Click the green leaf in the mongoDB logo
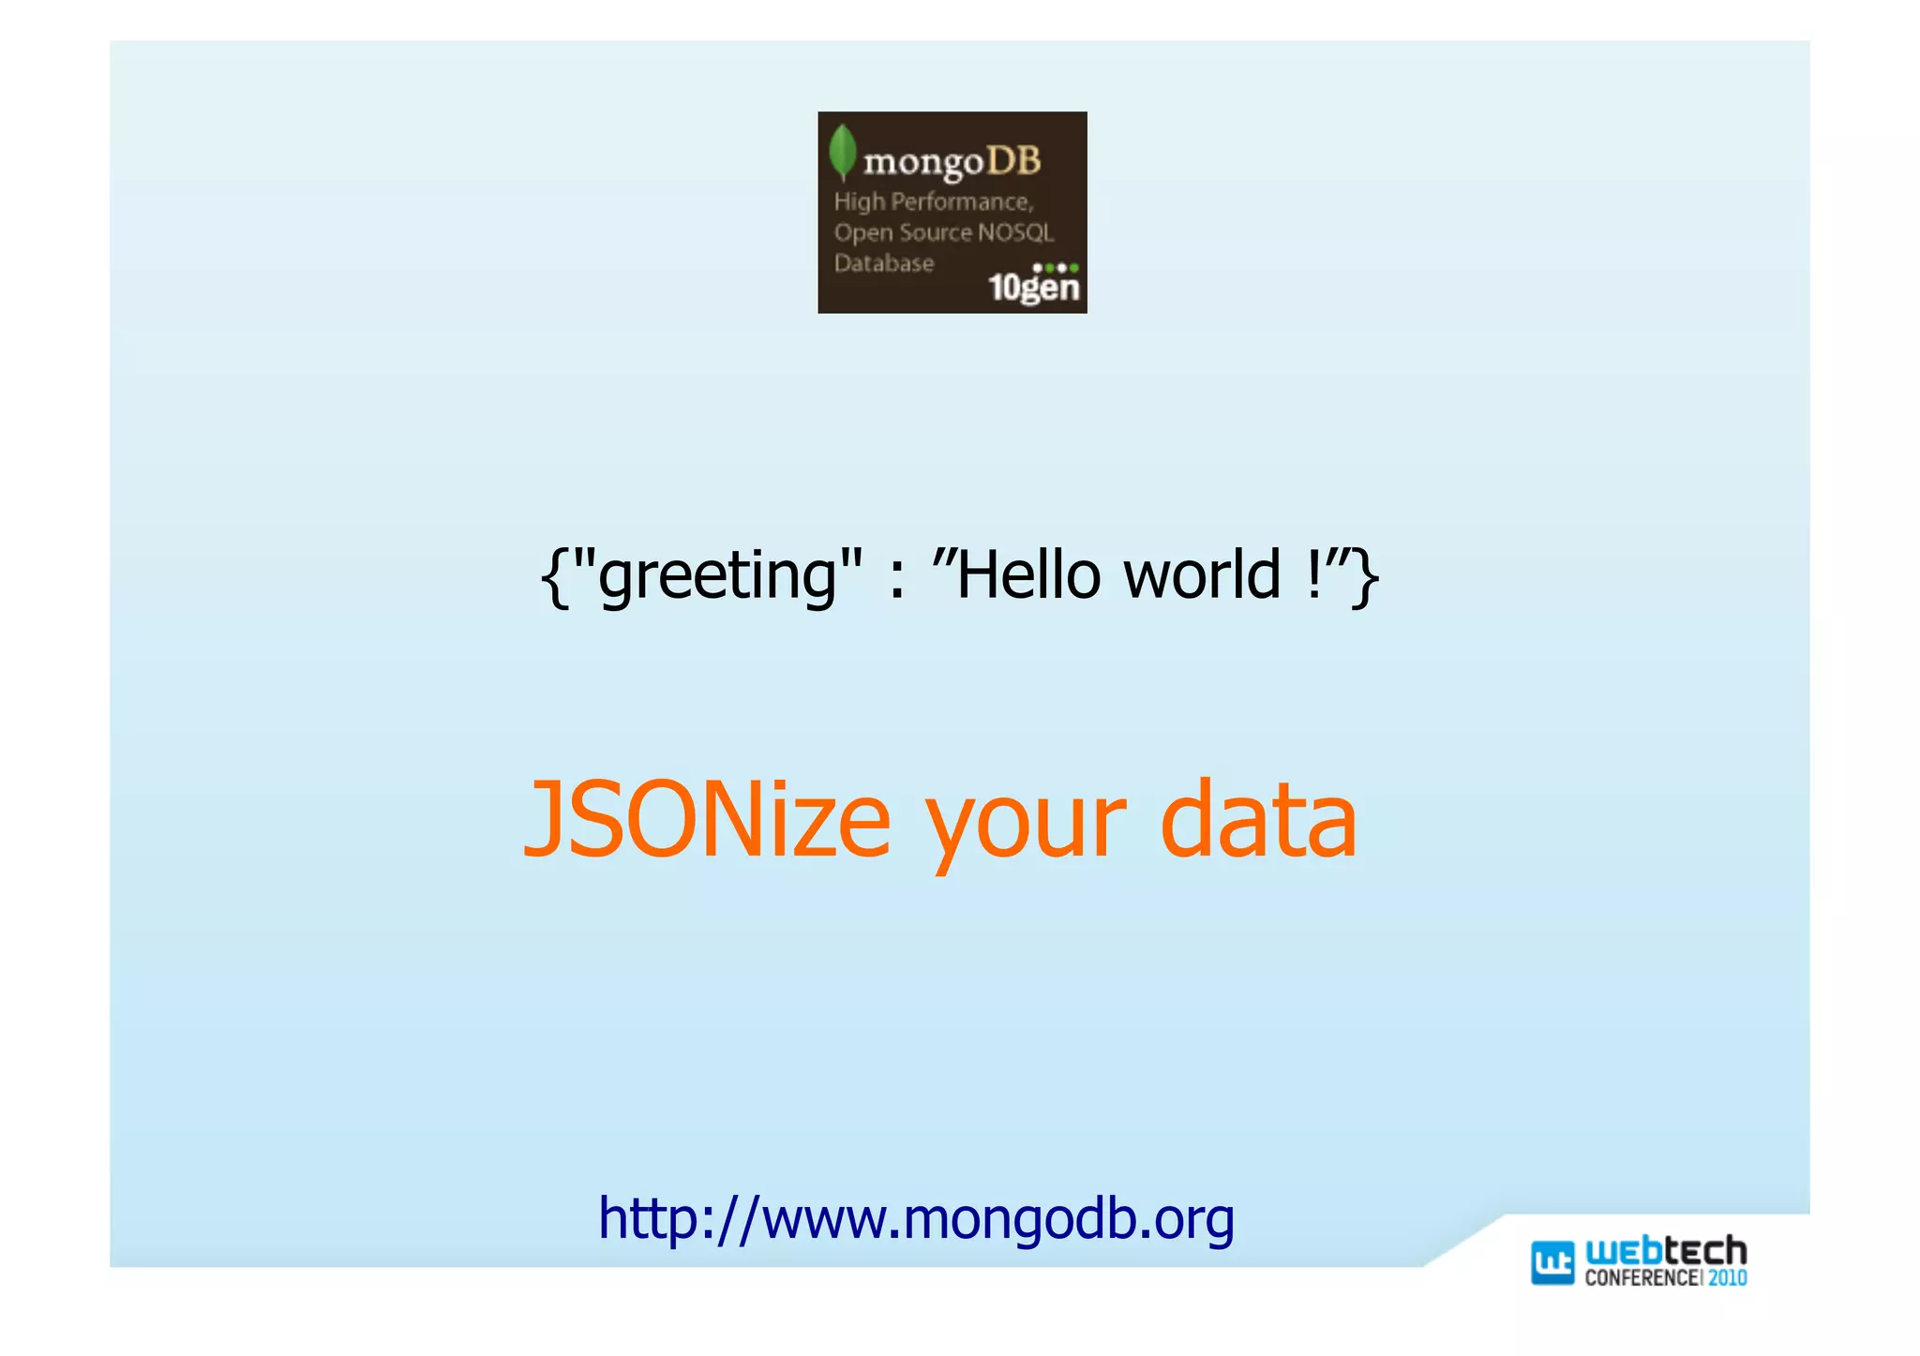coord(843,152)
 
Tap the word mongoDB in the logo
coord(952,162)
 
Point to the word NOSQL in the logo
coord(1015,232)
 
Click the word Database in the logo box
coord(884,263)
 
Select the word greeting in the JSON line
coord(717,574)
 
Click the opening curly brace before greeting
coord(555,576)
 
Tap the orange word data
coord(1258,821)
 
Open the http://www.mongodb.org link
coord(916,1219)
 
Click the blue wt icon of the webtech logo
coord(1552,1262)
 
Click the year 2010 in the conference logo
coord(1727,1278)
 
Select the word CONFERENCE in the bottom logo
coord(1641,1278)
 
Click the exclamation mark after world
coord(1313,574)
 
